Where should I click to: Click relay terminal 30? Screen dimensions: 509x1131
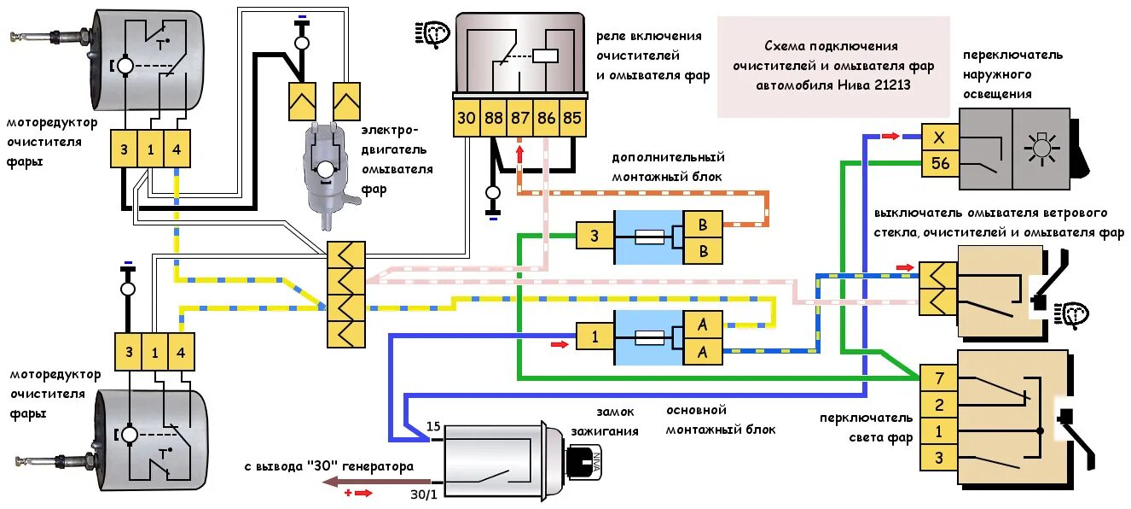[x=466, y=119]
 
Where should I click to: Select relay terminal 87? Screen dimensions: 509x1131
[x=519, y=119]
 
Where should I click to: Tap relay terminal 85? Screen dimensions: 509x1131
[x=572, y=119]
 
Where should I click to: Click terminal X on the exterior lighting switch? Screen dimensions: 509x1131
[x=940, y=137]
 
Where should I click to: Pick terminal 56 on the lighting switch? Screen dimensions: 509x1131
[x=940, y=163]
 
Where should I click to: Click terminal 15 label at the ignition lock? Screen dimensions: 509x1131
[x=432, y=427]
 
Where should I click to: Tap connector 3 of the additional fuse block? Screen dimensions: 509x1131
[x=594, y=236]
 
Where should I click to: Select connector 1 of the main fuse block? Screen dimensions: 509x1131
[x=594, y=337]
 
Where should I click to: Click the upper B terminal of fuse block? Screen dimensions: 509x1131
[x=703, y=225]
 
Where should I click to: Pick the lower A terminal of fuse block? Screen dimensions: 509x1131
[x=703, y=350]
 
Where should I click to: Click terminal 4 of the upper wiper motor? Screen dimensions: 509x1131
[x=176, y=150]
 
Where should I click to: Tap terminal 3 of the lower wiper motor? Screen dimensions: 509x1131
[x=129, y=352]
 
